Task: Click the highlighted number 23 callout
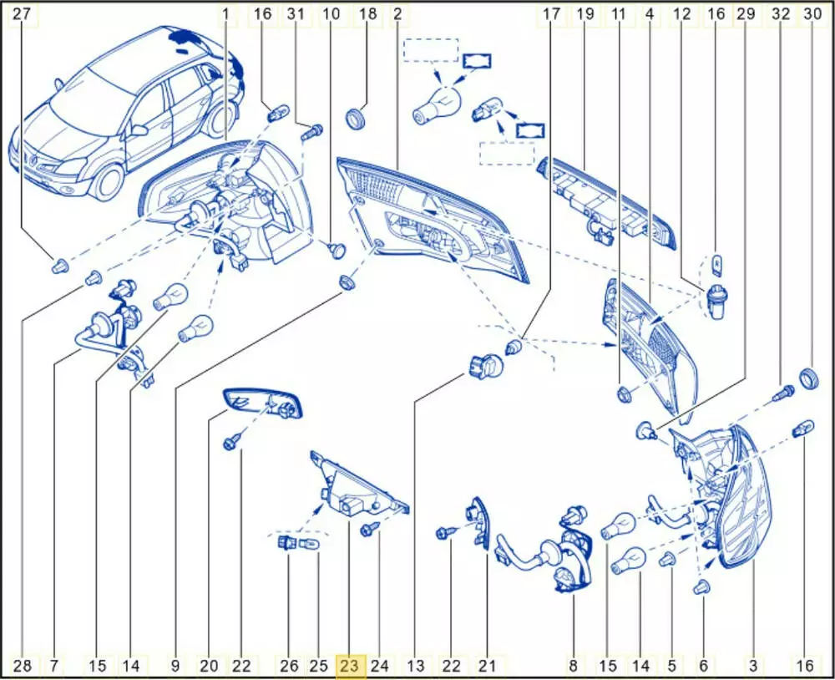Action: pyautogui.click(x=351, y=665)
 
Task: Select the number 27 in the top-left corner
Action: pyautogui.click(x=22, y=13)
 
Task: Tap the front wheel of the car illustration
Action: pyautogui.click(x=108, y=180)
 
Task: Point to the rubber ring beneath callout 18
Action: pyautogui.click(x=356, y=119)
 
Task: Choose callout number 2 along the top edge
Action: pyautogui.click(x=397, y=13)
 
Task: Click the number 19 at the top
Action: pyautogui.click(x=585, y=13)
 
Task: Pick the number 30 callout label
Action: pyautogui.click(x=812, y=13)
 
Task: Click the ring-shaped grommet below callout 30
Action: pyautogui.click(x=810, y=378)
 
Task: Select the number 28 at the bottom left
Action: pyautogui.click(x=23, y=665)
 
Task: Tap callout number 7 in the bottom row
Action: pyautogui.click(x=54, y=665)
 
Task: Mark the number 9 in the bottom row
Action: pyautogui.click(x=175, y=665)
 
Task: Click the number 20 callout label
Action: pyautogui.click(x=210, y=665)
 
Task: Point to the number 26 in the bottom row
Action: pyautogui.click(x=290, y=665)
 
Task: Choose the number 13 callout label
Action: pyautogui.click(x=416, y=665)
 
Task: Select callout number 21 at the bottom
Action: pyautogui.click(x=488, y=665)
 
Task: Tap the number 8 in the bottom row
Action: pyautogui.click(x=573, y=665)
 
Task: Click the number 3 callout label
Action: pyautogui.click(x=753, y=665)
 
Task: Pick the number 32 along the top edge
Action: pyautogui.click(x=780, y=13)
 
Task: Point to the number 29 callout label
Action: pyautogui.click(x=746, y=13)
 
